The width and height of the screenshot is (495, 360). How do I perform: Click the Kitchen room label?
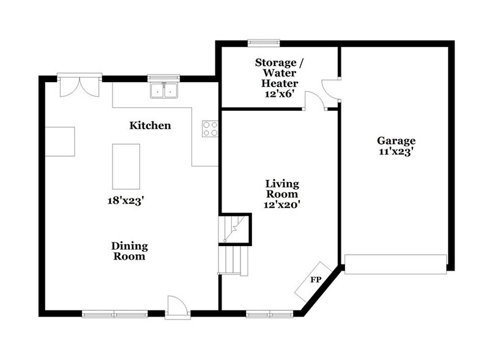(150, 126)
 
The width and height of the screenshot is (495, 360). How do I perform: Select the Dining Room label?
(129, 251)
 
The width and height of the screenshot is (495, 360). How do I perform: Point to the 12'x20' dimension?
(281, 206)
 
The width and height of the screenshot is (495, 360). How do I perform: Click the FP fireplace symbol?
(316, 280)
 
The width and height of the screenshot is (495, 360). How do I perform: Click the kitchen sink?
(163, 91)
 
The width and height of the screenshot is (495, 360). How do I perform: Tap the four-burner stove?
(210, 129)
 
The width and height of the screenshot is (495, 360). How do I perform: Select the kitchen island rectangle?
(126, 166)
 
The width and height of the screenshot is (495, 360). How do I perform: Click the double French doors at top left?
(80, 86)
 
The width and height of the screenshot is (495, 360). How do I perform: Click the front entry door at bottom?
(178, 308)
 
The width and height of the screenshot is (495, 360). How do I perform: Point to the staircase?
(234, 245)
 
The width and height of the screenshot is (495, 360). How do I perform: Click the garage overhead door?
(395, 264)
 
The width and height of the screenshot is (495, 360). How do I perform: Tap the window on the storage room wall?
(264, 43)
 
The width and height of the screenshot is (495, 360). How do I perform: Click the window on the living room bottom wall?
(270, 314)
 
